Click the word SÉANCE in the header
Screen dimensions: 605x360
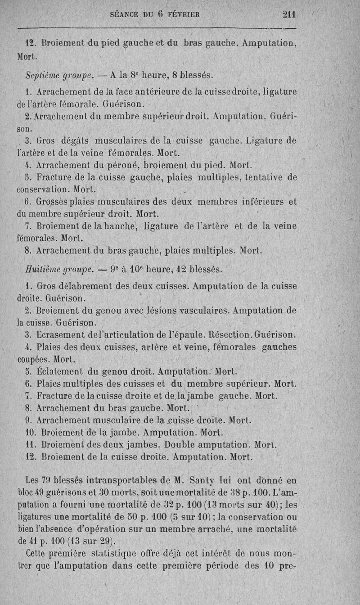coord(125,14)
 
